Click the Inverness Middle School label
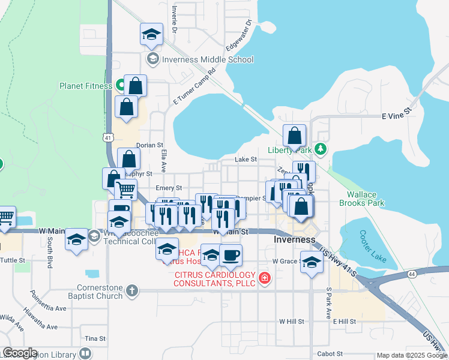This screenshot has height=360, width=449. [x=206, y=59]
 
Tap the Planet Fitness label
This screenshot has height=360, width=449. [x=85, y=86]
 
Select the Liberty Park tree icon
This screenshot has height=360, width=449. [x=322, y=149]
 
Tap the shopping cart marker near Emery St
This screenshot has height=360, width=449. [x=125, y=190]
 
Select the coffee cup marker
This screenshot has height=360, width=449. [x=231, y=255]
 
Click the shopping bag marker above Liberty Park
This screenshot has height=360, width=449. [x=295, y=136]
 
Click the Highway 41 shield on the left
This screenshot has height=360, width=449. [x=107, y=137]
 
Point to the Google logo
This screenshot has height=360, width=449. [x=19, y=353]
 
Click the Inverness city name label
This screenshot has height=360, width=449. [x=294, y=239]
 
